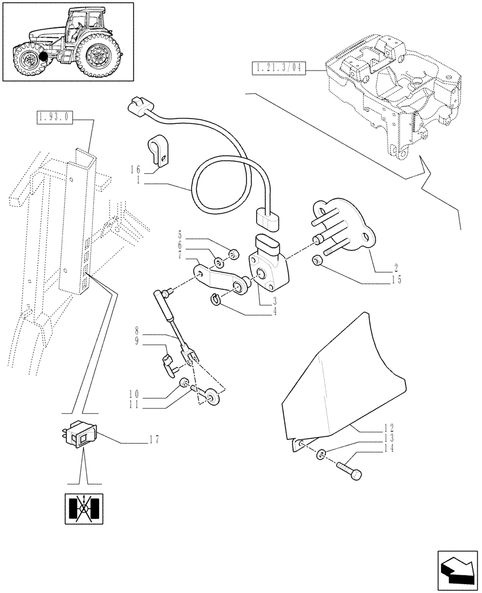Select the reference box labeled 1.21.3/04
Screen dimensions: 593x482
(x=277, y=68)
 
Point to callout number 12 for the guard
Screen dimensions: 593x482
(x=389, y=427)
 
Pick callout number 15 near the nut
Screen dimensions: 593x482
(x=395, y=279)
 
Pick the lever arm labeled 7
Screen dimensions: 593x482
(x=220, y=280)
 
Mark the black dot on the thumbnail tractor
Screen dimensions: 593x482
(x=43, y=58)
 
